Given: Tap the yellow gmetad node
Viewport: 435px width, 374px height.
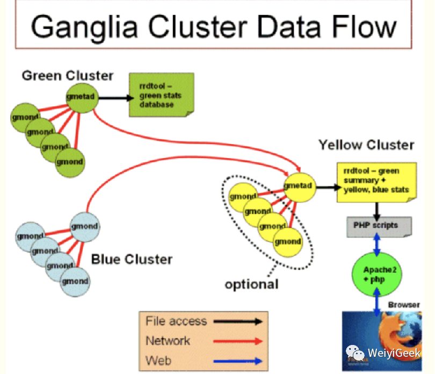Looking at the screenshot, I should point(298,186).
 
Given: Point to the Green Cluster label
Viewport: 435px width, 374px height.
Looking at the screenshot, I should point(67,76).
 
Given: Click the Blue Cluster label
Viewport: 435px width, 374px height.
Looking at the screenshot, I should point(132,260).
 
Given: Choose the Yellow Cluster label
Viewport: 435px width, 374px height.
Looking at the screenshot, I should point(366,145).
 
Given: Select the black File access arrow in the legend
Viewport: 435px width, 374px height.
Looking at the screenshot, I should point(237,322).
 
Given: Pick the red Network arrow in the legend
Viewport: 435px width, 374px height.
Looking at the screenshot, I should point(237,341).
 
